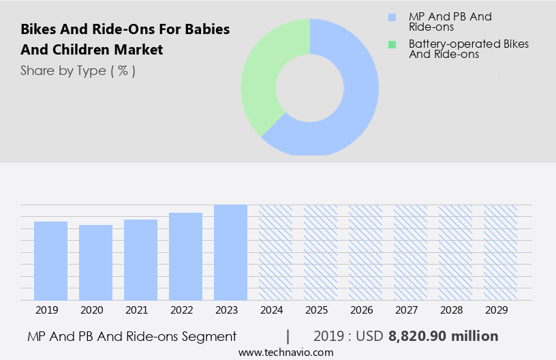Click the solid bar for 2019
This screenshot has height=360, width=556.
tap(51, 260)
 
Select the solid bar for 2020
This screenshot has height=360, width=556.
tap(96, 262)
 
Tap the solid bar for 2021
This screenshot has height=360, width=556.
tap(141, 260)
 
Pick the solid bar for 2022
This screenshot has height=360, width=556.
tap(186, 256)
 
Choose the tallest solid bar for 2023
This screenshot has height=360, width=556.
tap(230, 252)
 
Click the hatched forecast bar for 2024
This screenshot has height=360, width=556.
tap(275, 252)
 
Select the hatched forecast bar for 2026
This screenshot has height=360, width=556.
tap(365, 252)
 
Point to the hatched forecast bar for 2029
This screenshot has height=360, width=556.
tap(500, 252)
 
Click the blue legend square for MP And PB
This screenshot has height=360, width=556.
tap(392, 17)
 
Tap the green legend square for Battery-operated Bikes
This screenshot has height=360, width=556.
tap(392, 44)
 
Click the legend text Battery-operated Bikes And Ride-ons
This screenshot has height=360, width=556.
tap(468, 49)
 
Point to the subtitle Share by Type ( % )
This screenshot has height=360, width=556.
tap(78, 70)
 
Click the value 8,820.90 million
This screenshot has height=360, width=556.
tap(443, 336)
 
